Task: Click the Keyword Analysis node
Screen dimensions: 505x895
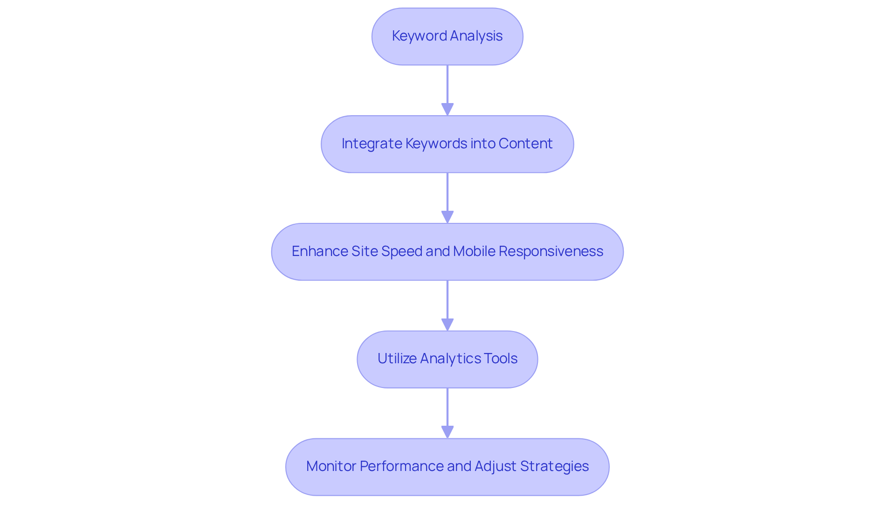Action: (447, 36)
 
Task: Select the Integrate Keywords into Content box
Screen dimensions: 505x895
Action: (447, 144)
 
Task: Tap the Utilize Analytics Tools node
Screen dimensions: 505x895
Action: (447, 359)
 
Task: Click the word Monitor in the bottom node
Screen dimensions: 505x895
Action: (331, 466)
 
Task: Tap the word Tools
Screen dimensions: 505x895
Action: (500, 359)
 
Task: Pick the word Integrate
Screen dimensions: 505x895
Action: (372, 144)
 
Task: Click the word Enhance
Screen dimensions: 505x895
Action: (319, 251)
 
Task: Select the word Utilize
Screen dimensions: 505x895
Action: (397, 359)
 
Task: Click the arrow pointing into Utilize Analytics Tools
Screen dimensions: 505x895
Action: (447, 305)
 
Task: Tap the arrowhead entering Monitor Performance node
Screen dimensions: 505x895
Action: (447, 432)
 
